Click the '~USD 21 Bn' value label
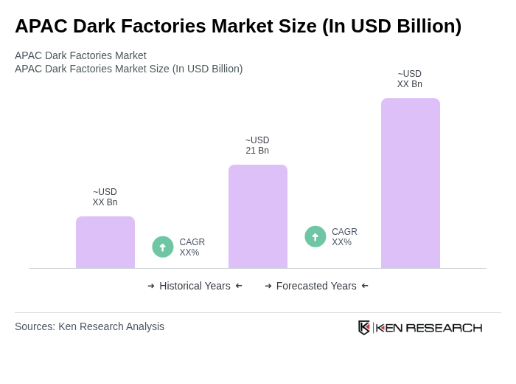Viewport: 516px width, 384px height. click(x=257, y=145)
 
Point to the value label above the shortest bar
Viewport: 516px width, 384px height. click(x=105, y=197)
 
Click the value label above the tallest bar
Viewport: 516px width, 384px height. click(x=410, y=79)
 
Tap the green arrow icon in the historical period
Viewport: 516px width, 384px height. click(x=163, y=247)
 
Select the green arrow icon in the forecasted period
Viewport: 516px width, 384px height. click(x=315, y=236)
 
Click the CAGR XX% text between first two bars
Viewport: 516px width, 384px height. click(x=192, y=247)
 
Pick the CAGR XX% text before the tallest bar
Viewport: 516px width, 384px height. click(x=344, y=237)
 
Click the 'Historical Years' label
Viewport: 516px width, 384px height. click(x=195, y=286)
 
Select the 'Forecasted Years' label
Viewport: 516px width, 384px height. click(x=316, y=286)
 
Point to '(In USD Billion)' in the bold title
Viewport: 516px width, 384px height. click(x=391, y=26)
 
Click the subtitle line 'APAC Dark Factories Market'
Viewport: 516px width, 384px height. click(x=80, y=55)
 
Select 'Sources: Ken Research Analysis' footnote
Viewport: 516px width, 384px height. click(x=89, y=326)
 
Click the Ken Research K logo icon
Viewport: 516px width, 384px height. click(x=364, y=327)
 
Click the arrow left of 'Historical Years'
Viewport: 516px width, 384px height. click(x=151, y=286)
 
